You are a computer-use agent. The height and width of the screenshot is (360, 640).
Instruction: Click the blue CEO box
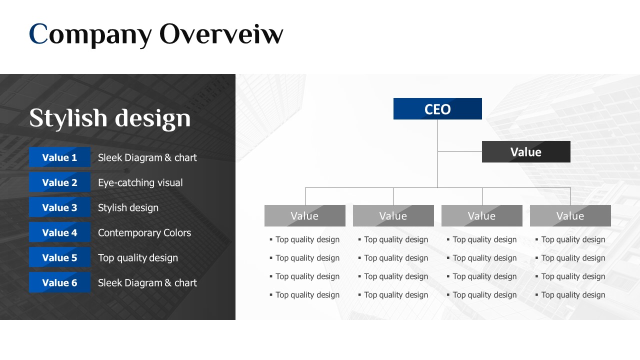437,108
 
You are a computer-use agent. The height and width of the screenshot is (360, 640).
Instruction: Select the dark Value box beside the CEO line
526,151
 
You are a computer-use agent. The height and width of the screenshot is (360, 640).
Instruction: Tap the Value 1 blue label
59,157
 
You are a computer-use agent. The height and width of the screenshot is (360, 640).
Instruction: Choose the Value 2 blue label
59,182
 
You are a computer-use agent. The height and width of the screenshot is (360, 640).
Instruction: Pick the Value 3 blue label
59,207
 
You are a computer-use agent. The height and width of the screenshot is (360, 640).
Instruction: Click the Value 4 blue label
59,232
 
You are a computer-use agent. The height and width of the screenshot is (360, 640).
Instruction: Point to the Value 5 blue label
59,257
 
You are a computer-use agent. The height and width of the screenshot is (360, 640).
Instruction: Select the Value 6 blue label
59,282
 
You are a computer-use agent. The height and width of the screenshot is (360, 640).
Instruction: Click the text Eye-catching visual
140,182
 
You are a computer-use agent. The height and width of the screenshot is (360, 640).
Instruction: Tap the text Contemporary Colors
144,232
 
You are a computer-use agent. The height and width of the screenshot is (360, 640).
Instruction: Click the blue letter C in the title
38,33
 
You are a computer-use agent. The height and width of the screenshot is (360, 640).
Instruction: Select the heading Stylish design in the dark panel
110,118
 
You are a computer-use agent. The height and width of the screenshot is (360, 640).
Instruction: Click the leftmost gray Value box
305,215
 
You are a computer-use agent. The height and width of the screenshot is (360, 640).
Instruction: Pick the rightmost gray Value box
570,215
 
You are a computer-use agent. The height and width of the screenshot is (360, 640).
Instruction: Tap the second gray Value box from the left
393,215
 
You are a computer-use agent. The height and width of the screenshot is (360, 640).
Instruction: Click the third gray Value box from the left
482,215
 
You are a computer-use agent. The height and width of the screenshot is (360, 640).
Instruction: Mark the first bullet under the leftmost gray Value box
304,239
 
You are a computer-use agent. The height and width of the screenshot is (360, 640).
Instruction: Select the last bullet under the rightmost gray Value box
570,295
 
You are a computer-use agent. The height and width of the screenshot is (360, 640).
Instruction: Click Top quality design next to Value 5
138,257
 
